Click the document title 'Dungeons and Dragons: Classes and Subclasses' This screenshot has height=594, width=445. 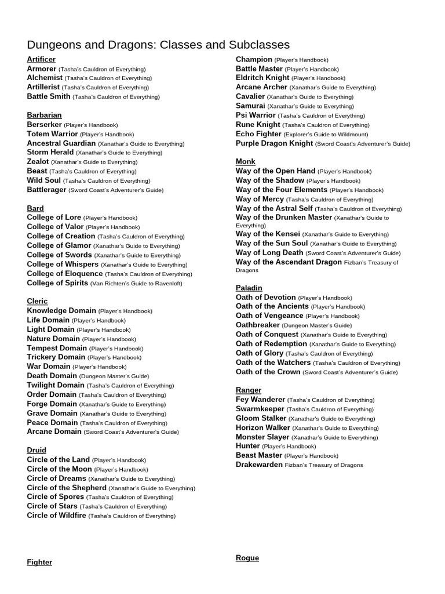pyautogui.click(x=158, y=45)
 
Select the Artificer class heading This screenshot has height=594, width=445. pyautogui.click(x=41, y=59)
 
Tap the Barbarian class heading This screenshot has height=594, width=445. pyautogui.click(x=44, y=115)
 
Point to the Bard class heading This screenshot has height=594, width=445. pyautogui.click(x=35, y=208)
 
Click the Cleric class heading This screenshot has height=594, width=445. pyautogui.click(x=37, y=301)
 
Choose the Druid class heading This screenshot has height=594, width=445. pyautogui.click(x=37, y=450)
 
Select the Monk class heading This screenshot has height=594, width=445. pyautogui.click(x=246, y=161)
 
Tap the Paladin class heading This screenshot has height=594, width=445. pyautogui.click(x=249, y=288)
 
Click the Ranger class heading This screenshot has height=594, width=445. pyautogui.click(x=249, y=390)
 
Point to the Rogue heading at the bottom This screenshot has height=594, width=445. pyautogui.click(x=247, y=558)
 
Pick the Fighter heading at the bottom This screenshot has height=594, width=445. pyautogui.click(x=39, y=562)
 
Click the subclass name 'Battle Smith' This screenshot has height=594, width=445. pyautogui.click(x=49, y=96)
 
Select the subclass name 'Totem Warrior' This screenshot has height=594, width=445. pyautogui.click(x=52, y=133)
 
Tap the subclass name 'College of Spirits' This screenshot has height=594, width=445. pyautogui.click(x=57, y=283)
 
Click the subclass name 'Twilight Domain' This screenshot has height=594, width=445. pyautogui.click(x=56, y=385)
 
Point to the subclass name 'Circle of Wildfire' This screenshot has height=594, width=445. pyautogui.click(x=56, y=515)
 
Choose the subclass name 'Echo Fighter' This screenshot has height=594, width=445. pyautogui.click(x=258, y=134)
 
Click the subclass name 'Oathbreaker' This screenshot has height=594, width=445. pyautogui.click(x=258, y=325)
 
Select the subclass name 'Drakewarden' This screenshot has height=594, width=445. pyautogui.click(x=259, y=465)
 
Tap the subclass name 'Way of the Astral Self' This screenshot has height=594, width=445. pyautogui.click(x=274, y=208)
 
